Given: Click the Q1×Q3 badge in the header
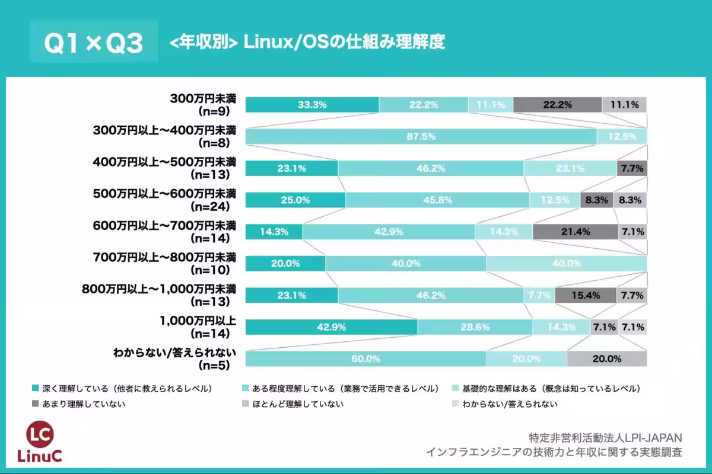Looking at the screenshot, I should pyautogui.click(x=94, y=42).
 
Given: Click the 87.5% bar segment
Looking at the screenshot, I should pyautogui.click(x=421, y=137).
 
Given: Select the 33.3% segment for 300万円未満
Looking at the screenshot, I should pyautogui.click(x=312, y=105).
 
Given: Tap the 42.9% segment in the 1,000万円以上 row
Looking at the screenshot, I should pyautogui.click(x=331, y=327).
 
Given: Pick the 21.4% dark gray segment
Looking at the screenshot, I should pyautogui.click(x=575, y=232).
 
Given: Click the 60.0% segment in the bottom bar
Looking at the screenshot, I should pyautogui.click(x=365, y=359).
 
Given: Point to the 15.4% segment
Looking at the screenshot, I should pyautogui.click(x=585, y=295).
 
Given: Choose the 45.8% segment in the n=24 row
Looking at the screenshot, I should pyautogui.click(x=437, y=200).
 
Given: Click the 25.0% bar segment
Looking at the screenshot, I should pyautogui.click(x=295, y=200).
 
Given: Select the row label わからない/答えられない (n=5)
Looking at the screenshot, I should pyautogui.click(x=174, y=358).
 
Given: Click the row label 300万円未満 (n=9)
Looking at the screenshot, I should pyautogui.click(x=205, y=104).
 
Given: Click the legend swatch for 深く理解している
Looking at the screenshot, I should pyautogui.click(x=35, y=389).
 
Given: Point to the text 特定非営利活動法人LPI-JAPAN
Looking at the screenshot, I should pyautogui.click(x=605, y=438).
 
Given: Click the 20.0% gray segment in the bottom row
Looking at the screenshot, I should pyautogui.click(x=606, y=359).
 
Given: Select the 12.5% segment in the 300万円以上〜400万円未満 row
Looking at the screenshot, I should pyautogui.click(x=621, y=137).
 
